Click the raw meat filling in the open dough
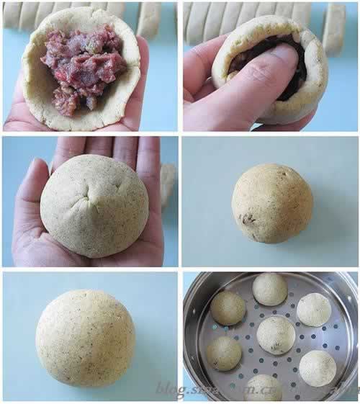(x=83, y=68)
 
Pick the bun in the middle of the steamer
(x=276, y=335)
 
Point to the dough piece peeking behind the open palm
(x=168, y=184)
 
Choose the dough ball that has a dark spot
(x=272, y=203)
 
